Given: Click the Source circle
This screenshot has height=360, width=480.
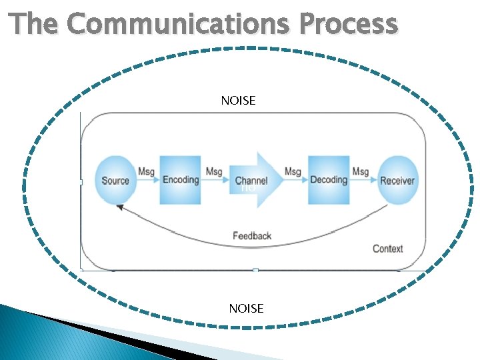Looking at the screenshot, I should [x=115, y=180].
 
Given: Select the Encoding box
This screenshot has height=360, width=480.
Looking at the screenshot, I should [x=181, y=179].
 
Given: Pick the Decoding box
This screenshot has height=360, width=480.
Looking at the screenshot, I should [x=329, y=179].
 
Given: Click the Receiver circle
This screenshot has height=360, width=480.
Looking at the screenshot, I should [x=397, y=180].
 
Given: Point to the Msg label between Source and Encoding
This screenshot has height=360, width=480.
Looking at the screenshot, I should [x=146, y=172].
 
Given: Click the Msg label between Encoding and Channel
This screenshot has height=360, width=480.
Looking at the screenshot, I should [x=214, y=172].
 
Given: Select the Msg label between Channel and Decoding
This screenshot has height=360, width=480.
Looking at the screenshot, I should [x=293, y=172].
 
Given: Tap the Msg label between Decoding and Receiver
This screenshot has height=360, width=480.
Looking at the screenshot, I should [x=360, y=172].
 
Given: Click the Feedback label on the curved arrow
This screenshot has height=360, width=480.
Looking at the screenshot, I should [x=252, y=235].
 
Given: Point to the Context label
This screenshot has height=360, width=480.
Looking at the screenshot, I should [x=387, y=249].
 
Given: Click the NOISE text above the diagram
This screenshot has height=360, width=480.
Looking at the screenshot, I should [x=238, y=101].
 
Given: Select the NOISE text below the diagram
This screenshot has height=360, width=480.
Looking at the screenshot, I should [x=246, y=308].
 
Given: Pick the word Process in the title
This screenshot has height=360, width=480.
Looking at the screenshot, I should [x=349, y=24].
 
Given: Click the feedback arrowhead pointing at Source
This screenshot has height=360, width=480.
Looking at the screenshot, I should [x=120, y=207].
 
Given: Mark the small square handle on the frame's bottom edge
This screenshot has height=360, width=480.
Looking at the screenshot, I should [x=255, y=270].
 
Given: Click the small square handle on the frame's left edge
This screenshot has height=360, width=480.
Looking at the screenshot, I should [x=81, y=181].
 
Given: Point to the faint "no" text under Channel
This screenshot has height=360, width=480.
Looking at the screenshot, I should [x=248, y=189].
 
